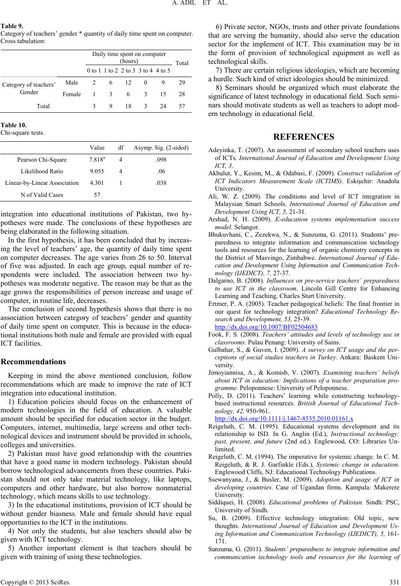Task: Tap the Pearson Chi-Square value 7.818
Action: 97,159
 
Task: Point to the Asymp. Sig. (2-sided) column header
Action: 161,148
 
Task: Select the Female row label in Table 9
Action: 72,94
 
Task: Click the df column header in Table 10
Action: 121,148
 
